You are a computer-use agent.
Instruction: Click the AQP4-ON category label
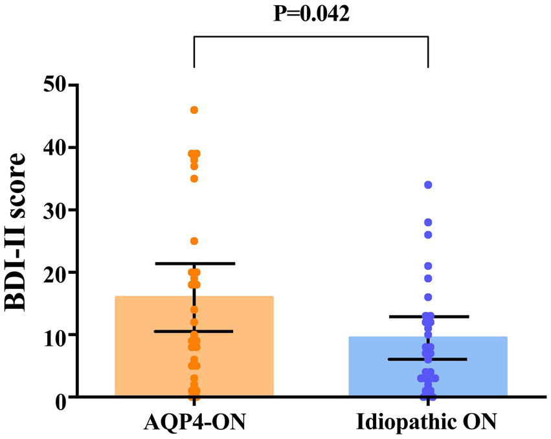click(x=194, y=423)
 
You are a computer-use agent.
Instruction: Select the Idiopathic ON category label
click(x=427, y=423)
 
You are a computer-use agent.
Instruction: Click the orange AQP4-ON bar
click(x=149, y=350)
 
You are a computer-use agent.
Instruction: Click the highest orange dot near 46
click(x=194, y=110)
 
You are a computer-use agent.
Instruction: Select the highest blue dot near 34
click(x=428, y=185)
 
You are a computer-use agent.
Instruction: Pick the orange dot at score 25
click(x=194, y=241)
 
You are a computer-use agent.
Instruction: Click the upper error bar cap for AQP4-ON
click(x=194, y=264)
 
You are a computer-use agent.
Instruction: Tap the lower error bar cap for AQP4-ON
click(x=194, y=332)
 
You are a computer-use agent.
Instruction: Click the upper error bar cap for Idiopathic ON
click(x=428, y=317)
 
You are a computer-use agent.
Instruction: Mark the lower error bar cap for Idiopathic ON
click(x=428, y=359)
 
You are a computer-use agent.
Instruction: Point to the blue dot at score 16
click(x=428, y=297)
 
